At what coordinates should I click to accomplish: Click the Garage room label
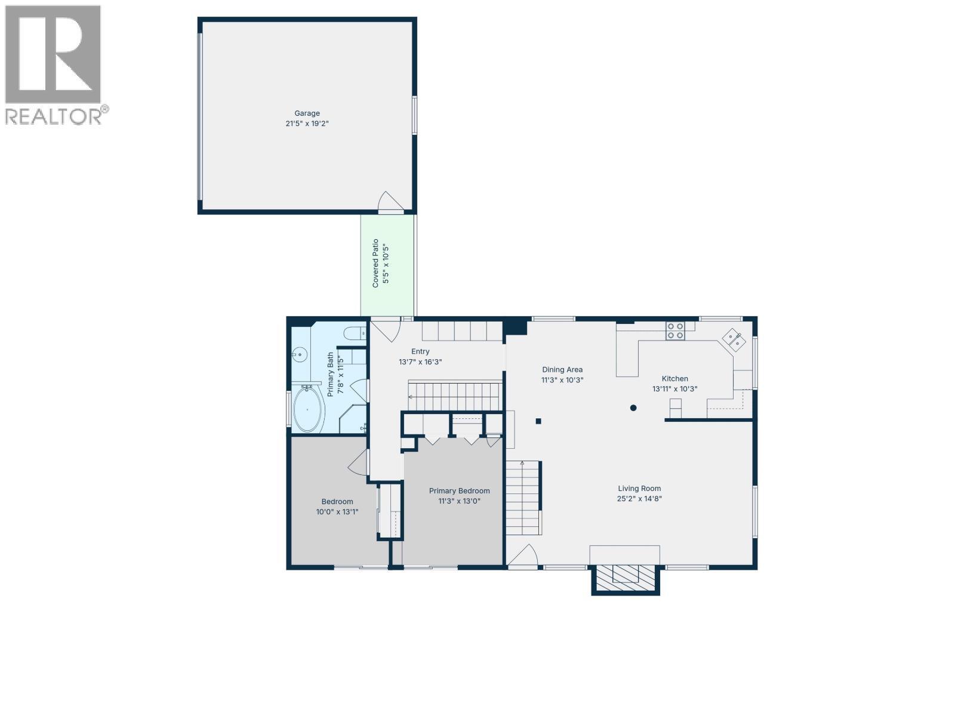click(x=307, y=113)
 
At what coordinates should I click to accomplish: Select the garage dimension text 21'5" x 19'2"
click(x=307, y=124)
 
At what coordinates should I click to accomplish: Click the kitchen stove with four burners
click(x=676, y=331)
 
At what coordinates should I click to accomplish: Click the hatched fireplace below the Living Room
click(x=626, y=575)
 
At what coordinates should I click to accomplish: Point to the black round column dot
click(x=633, y=408)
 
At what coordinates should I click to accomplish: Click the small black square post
click(x=538, y=421)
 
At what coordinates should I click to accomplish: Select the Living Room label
click(x=639, y=488)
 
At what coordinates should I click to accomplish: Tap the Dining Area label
click(x=562, y=369)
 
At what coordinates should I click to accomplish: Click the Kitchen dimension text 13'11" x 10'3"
click(x=674, y=389)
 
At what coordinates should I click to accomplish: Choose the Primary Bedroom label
click(x=459, y=491)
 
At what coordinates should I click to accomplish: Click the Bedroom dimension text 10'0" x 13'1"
click(x=337, y=511)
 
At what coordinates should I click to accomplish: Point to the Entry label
click(x=420, y=351)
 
